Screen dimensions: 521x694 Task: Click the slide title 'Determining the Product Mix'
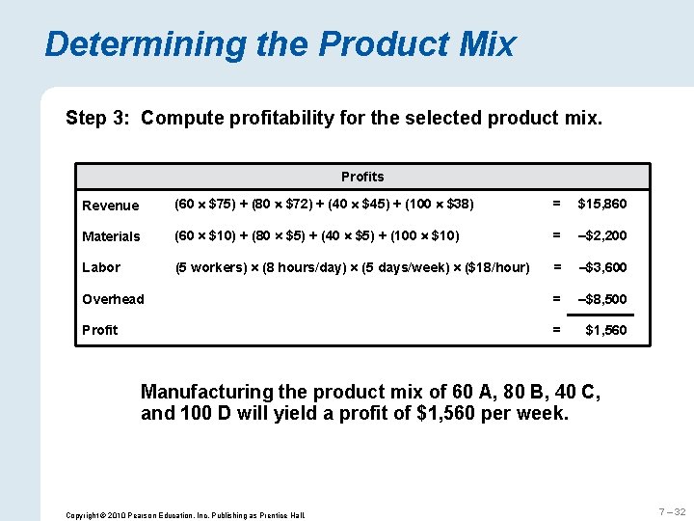point(280,44)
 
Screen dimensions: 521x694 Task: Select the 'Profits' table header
point(362,177)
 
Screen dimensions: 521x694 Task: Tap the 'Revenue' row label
point(111,206)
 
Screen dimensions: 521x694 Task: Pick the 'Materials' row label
point(112,236)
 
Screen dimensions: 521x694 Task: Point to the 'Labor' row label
point(102,267)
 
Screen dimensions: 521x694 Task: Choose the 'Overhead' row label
point(114,299)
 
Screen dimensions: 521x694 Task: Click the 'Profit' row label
point(100,330)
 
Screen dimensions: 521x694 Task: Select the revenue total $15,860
point(601,205)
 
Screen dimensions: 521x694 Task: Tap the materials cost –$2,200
point(601,236)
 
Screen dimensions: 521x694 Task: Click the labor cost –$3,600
point(601,267)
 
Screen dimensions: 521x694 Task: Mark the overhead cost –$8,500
point(601,299)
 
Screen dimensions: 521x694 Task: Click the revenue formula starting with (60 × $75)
point(323,205)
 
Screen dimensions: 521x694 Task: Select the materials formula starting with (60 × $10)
point(316,236)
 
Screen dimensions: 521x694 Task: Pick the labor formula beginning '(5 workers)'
point(352,267)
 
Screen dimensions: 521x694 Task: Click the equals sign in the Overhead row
point(555,299)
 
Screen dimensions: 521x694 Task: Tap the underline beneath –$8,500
point(607,315)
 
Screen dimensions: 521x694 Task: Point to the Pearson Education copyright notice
point(184,515)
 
